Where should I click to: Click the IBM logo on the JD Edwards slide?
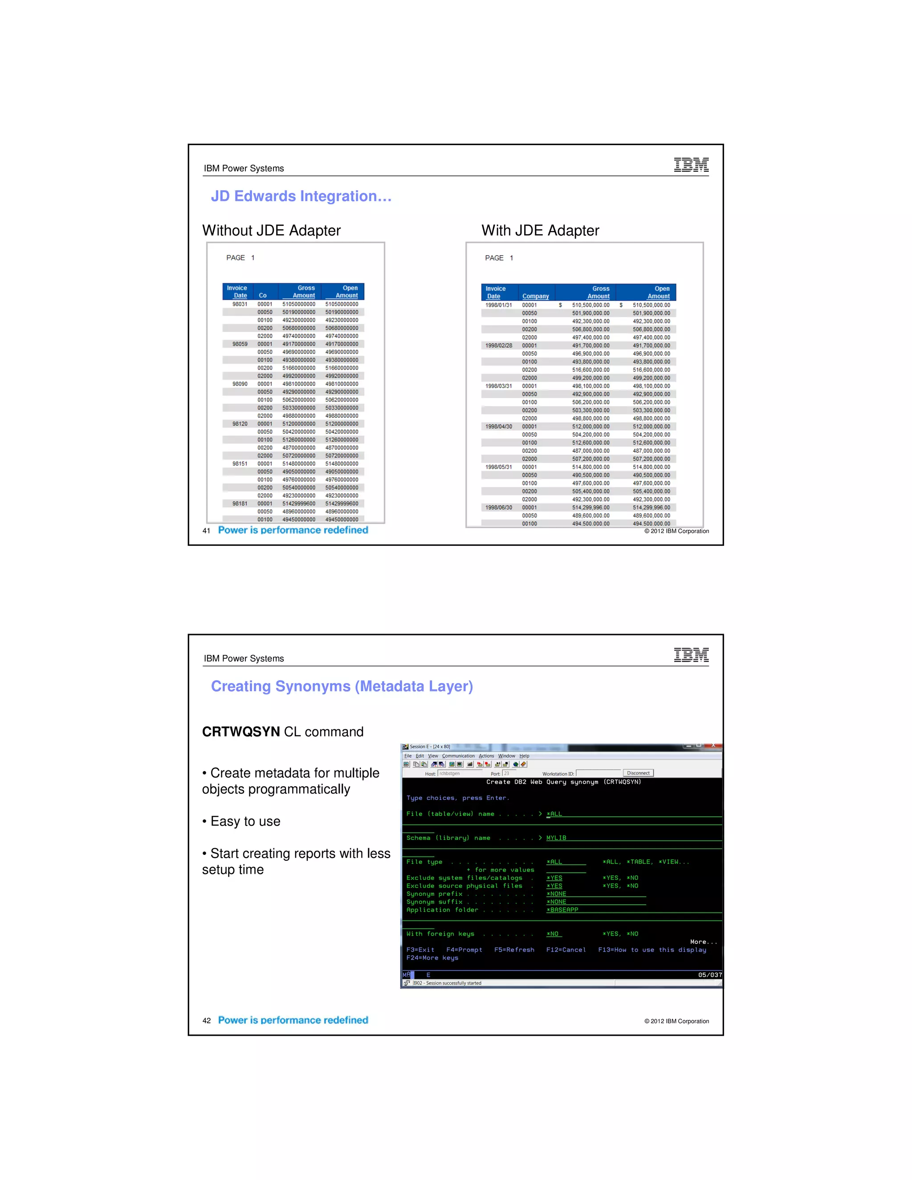691,165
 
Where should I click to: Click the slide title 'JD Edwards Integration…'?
301,196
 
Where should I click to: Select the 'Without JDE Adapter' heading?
271,231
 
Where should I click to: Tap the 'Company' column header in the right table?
535,296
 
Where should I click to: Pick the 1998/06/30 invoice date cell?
498,507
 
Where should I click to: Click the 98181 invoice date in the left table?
240,504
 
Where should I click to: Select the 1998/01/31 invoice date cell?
498,305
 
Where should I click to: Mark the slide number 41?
206,531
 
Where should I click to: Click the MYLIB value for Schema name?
556,838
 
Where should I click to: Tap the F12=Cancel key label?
566,950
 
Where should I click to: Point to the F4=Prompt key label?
464,950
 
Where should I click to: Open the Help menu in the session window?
524,756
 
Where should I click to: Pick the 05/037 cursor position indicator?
709,975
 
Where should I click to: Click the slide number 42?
206,1021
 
